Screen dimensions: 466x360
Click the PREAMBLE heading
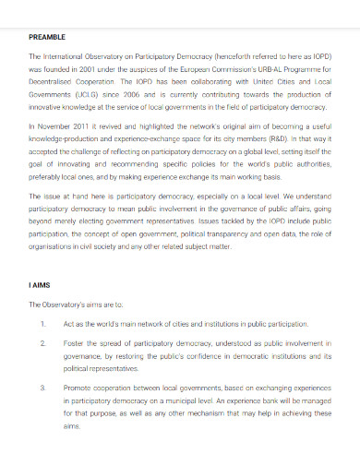point(47,37)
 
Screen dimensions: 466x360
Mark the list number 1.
point(43,324)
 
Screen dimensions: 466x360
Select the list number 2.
point(43,342)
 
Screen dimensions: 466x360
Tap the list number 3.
point(43,387)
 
